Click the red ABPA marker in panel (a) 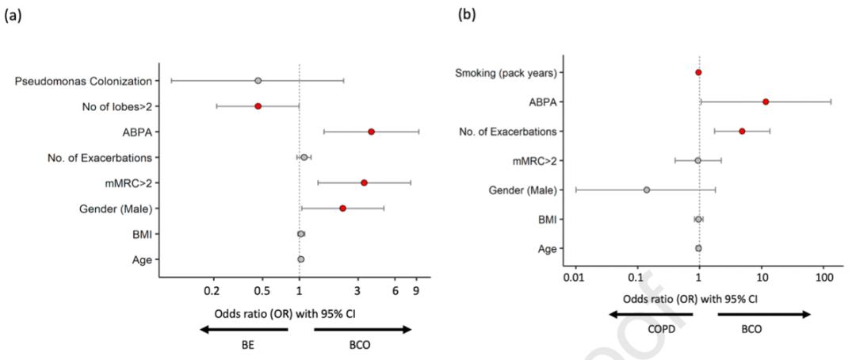(371, 132)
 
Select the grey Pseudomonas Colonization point (258, 81)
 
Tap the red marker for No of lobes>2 (258, 106)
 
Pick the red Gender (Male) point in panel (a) (342, 209)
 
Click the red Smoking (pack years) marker (698, 72)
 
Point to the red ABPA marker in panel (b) (766, 101)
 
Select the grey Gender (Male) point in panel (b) (647, 190)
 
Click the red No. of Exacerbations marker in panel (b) (742, 131)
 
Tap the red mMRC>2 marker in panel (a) (364, 182)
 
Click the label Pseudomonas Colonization (83, 81)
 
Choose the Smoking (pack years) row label (505, 73)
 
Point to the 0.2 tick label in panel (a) (213, 291)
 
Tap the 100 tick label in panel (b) (824, 278)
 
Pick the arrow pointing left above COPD (651, 315)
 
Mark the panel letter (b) (469, 13)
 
